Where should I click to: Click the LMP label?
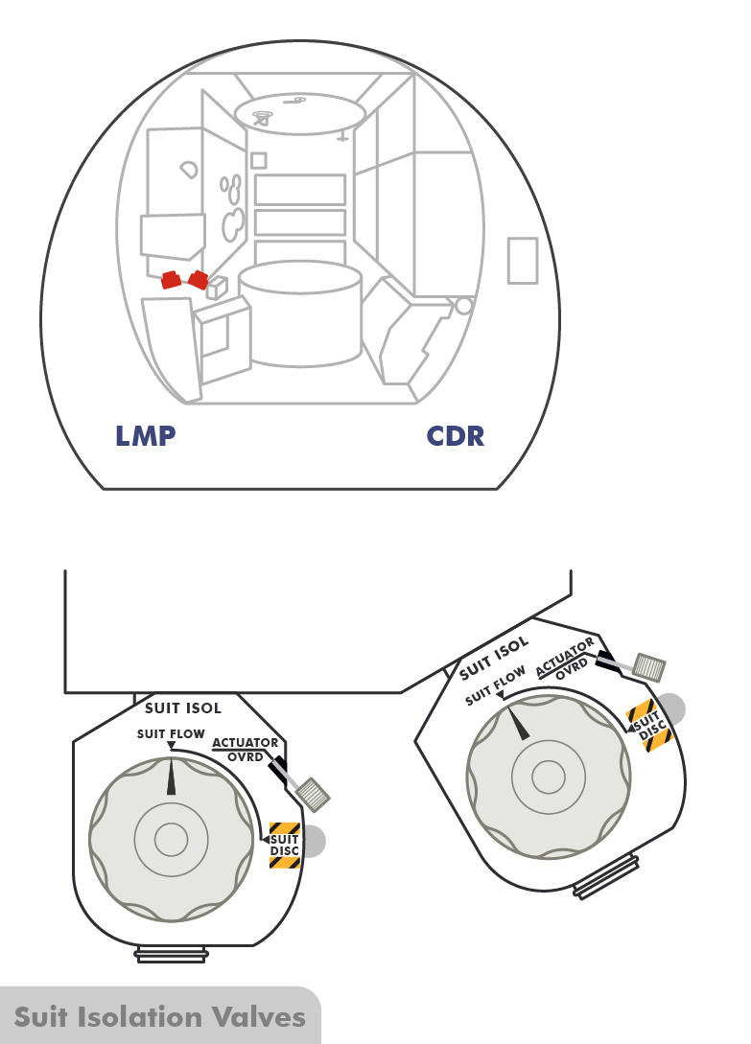(x=146, y=436)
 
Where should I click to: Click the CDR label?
(x=456, y=436)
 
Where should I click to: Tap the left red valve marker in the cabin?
(x=172, y=280)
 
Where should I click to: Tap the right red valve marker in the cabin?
(x=199, y=280)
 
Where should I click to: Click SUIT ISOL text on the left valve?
(x=183, y=708)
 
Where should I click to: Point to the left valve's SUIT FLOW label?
(x=171, y=734)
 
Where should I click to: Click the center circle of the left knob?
(x=171, y=840)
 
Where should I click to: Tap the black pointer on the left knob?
(x=172, y=776)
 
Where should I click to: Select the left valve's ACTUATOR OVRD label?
(x=246, y=749)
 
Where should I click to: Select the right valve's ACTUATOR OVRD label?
(x=565, y=656)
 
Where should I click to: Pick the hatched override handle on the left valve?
(x=314, y=793)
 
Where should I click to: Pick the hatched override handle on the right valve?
(x=651, y=666)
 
